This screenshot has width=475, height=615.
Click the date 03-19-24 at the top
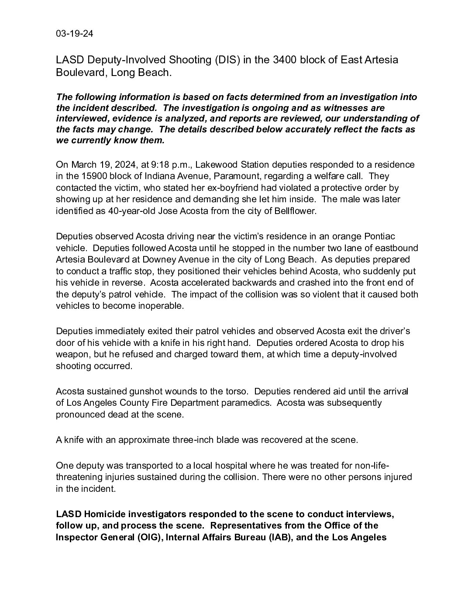tap(74, 34)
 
